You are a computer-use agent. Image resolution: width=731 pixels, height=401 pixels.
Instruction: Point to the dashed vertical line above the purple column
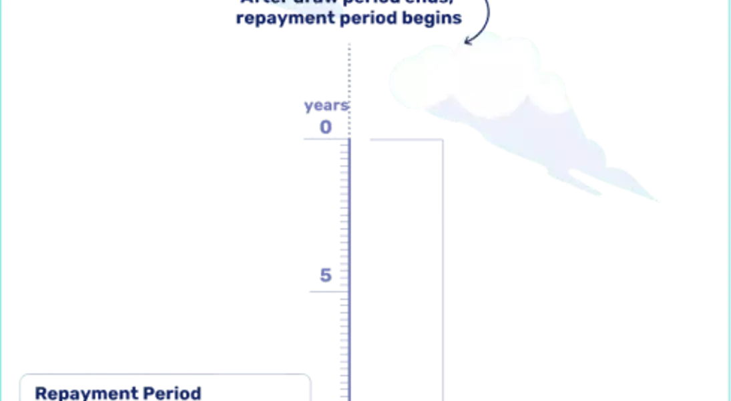349,80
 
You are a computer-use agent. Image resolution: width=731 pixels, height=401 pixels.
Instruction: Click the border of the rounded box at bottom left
167,372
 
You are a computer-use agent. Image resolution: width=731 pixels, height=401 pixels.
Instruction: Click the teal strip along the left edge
2,200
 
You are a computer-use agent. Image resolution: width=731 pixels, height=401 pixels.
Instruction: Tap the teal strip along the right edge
728,200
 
